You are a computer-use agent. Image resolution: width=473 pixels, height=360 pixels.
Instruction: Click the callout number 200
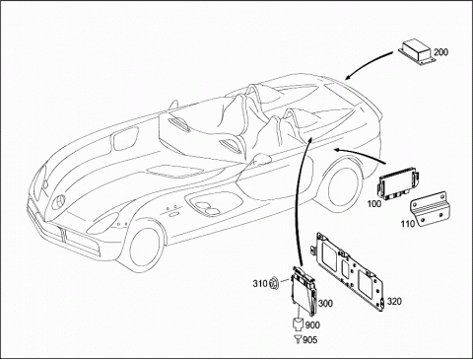tap(440, 52)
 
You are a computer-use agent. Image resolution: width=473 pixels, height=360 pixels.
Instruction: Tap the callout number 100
tap(374, 204)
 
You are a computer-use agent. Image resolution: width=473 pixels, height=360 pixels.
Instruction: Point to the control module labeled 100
tap(398, 183)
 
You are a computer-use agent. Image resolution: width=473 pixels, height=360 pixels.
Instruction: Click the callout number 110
tap(408, 224)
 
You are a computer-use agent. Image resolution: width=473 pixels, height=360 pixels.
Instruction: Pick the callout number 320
tap(394, 301)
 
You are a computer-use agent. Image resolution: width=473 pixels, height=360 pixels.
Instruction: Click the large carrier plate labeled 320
tap(348, 271)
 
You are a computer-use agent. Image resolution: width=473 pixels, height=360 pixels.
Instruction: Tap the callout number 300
tap(325, 303)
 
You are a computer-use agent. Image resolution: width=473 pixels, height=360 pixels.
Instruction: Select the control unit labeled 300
tap(304, 290)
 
